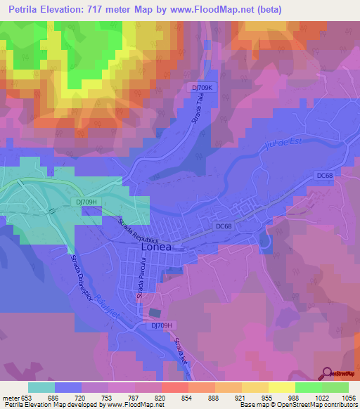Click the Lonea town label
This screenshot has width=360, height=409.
coord(156,247)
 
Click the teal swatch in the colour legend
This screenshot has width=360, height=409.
coord(41,387)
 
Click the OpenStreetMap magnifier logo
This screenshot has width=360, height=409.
coord(328,373)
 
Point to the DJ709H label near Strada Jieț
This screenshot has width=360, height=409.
coord(162,325)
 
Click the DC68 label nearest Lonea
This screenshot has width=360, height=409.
coord(224,226)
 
